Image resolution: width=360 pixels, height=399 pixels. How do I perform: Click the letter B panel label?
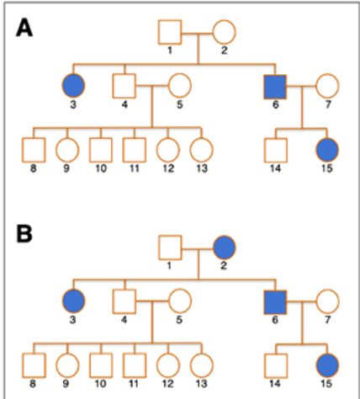pos(26,231)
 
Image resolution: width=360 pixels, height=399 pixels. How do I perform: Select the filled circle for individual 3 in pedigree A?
pos(72,86)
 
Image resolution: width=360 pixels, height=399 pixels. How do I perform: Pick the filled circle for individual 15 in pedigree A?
pos(326,149)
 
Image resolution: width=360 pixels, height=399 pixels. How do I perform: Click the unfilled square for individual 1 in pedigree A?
pos(171,33)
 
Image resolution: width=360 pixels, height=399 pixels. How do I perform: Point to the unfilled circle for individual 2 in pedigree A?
pos(223,33)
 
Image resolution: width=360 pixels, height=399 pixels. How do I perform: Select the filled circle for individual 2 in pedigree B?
pos(224,247)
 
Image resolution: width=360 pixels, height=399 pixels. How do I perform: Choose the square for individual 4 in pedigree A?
pos(124,86)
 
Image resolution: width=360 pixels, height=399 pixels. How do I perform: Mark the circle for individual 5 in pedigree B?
pos(178,301)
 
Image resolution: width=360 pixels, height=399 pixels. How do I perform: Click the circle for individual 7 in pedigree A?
pos(326,86)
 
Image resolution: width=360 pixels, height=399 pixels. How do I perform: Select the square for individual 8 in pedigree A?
pos(33,149)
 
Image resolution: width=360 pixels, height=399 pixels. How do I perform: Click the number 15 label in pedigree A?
pos(326,168)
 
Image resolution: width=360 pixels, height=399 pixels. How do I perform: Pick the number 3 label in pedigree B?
pos(72,319)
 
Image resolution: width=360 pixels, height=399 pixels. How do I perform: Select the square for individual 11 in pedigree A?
pos(132,149)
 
